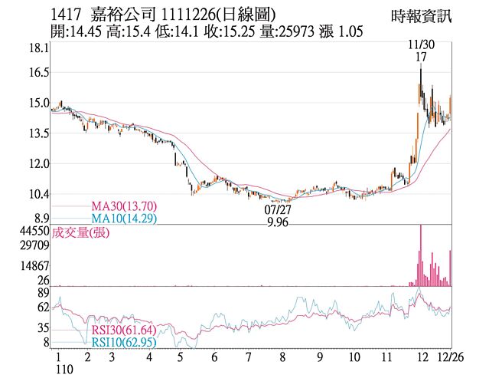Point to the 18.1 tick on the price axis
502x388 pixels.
(38, 48)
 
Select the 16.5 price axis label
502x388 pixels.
(38, 72)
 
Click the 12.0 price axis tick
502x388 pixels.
(38, 163)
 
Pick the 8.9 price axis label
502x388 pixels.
(40, 219)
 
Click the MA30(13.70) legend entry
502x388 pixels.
(124, 206)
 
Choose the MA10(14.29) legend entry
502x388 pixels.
(124, 219)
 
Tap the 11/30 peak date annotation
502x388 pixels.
(421, 45)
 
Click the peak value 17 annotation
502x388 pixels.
(421, 58)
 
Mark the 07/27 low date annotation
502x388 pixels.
(278, 209)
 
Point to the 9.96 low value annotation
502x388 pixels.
(278, 222)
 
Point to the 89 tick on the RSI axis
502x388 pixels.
(42, 292)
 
